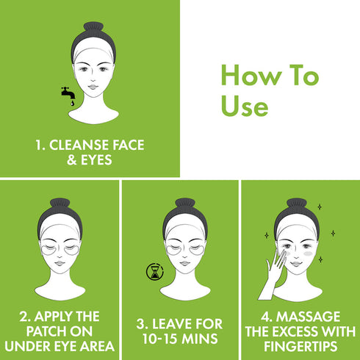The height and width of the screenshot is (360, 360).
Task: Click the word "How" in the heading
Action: coord(248,76)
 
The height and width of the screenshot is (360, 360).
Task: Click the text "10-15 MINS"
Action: coord(181,338)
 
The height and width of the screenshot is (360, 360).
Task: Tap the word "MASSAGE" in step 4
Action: coord(311,317)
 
